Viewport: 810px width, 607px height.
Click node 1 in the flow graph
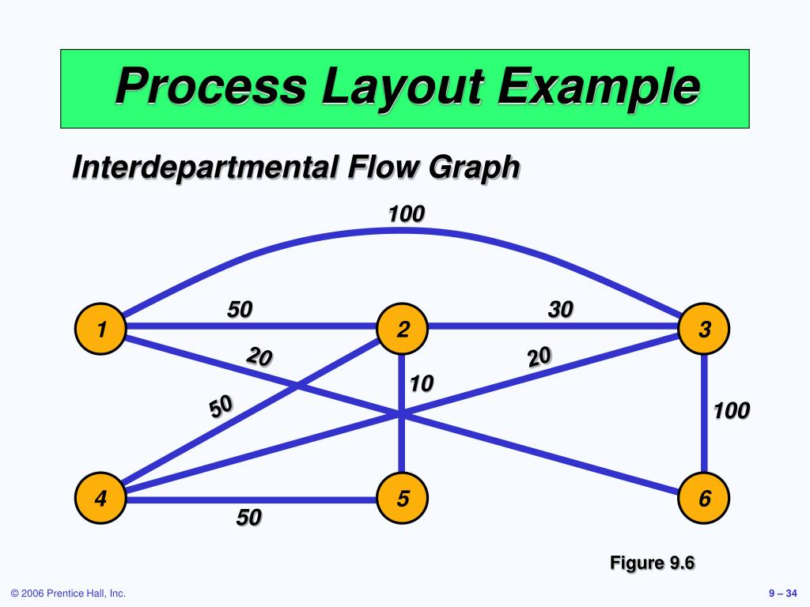point(100,329)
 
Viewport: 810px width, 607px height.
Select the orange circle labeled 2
point(402,329)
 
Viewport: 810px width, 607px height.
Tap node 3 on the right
point(705,329)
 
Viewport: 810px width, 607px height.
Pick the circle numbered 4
point(100,499)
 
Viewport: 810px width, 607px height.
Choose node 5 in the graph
point(402,499)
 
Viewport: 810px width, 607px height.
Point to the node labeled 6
point(705,499)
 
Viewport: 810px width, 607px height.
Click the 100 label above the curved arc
point(406,213)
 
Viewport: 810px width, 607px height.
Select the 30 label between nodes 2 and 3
point(560,310)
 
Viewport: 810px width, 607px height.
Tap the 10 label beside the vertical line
point(422,384)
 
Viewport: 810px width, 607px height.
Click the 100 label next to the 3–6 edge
point(731,411)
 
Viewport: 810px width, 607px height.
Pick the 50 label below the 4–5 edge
point(248,518)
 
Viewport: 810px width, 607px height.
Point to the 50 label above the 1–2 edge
point(240,310)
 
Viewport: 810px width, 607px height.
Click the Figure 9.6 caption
point(651,563)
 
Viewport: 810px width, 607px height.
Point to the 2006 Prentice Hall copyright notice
point(68,594)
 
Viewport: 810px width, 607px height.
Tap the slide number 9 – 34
point(782,594)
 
